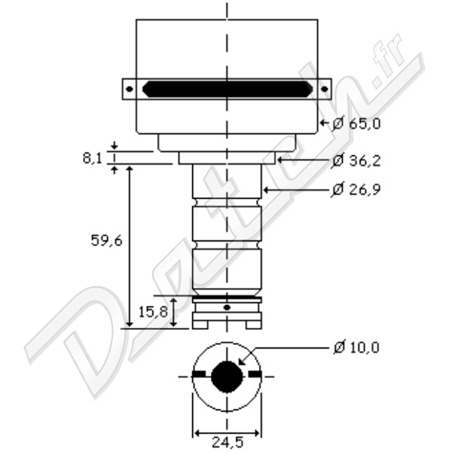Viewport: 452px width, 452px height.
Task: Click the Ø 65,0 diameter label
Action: pyautogui.click(x=356, y=124)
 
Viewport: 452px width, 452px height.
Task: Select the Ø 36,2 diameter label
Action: pyautogui.click(x=356, y=160)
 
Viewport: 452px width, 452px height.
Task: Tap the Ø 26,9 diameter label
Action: pyautogui.click(x=356, y=189)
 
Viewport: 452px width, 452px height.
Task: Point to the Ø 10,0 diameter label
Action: pyautogui.click(x=356, y=347)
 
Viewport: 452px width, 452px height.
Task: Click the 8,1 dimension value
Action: pyautogui.click(x=93, y=158)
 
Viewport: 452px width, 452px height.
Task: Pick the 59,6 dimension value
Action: pyautogui.click(x=107, y=240)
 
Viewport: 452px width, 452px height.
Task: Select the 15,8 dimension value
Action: pyautogui.click(x=153, y=312)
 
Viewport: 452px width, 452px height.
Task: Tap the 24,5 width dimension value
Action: pyautogui.click(x=228, y=442)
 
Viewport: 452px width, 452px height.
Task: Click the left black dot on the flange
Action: pyautogui.click(x=130, y=89)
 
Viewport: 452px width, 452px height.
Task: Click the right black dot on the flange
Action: pyautogui.click(x=324, y=89)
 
